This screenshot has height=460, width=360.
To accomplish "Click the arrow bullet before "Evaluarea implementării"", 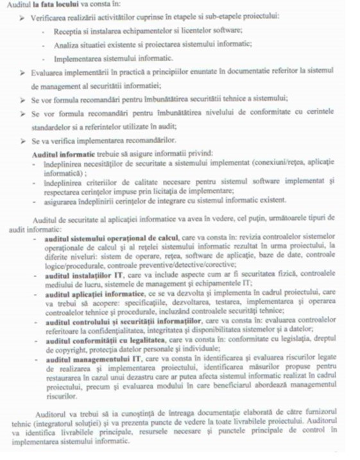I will [x=24, y=72].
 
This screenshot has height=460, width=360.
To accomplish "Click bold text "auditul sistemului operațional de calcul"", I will [x=113, y=239].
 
